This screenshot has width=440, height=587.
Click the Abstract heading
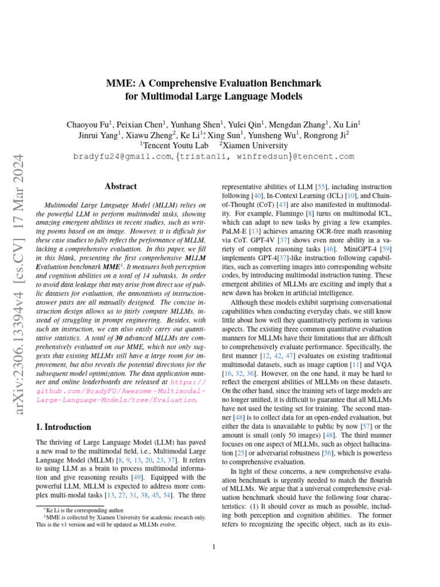click(121, 186)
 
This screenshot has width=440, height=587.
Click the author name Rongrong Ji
click(328, 135)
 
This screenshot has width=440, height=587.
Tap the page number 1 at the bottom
click(213, 546)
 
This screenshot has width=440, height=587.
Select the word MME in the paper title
click(119, 83)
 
